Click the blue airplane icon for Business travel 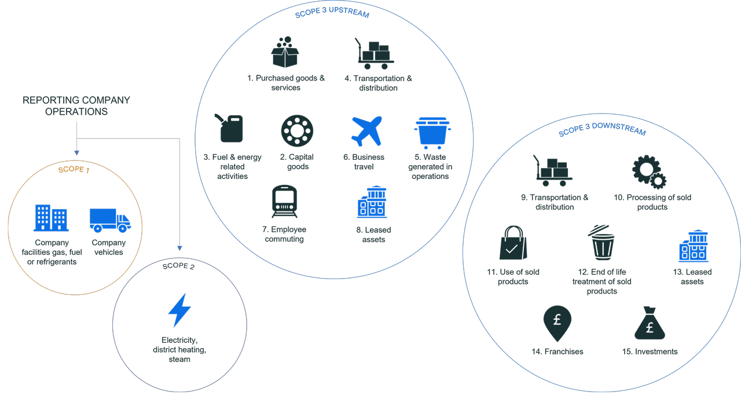point(366,131)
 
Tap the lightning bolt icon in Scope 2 point(179,310)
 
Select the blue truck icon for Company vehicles point(110,220)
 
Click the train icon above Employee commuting point(284,201)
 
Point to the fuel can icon point(229,128)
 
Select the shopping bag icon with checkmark point(513,243)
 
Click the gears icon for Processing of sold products point(649,172)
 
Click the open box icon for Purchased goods point(285,52)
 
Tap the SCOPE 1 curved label point(74,169)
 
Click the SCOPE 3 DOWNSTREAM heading point(602,129)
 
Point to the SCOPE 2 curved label point(179,266)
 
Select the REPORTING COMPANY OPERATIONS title point(76,106)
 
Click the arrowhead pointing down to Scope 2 point(179,248)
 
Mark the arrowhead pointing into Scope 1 point(77,153)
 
